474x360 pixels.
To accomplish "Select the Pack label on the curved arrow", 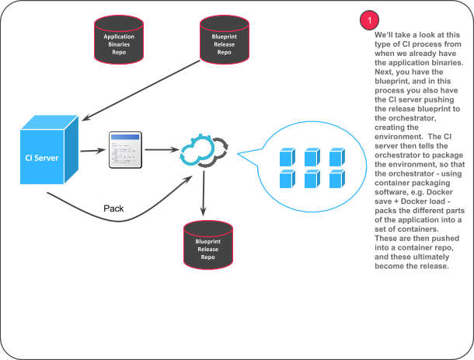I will click(x=114, y=209).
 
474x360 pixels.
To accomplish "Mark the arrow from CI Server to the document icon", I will click(x=95, y=151).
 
